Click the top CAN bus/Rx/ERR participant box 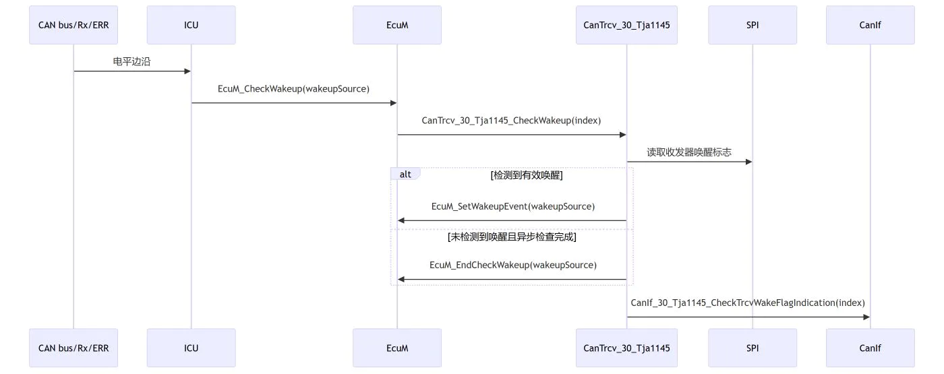click(73, 25)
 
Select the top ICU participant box click(191, 25)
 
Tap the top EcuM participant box click(397, 25)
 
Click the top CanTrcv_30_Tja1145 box click(626, 25)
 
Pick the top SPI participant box click(753, 25)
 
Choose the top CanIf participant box click(871, 25)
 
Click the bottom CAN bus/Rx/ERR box click(73, 348)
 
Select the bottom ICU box click(191, 348)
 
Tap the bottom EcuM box click(397, 348)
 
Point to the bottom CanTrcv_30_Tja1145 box click(626, 348)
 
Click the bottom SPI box click(753, 348)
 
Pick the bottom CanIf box click(871, 348)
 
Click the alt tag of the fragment click(405, 174)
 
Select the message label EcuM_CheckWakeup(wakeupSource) click(293, 89)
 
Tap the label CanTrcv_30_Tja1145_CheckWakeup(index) click(511, 121)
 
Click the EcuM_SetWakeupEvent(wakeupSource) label click(513, 206)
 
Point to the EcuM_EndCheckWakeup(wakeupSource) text click(513, 265)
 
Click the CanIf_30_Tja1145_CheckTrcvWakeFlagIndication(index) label click(748, 303)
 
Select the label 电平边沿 click(131, 61)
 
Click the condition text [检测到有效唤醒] click(527, 175)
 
